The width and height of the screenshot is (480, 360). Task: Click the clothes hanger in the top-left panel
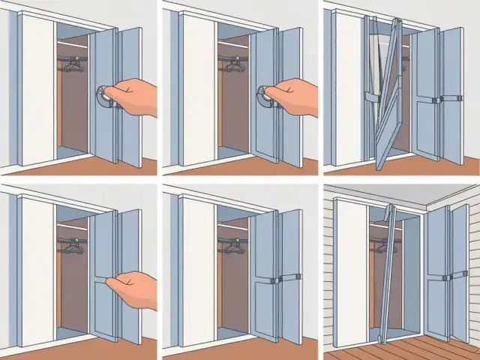tap(72, 65)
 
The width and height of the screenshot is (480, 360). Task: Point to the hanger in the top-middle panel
tap(233, 65)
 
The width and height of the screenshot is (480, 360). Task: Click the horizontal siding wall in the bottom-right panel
tap(328, 270)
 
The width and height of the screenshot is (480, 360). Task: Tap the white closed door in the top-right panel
tap(349, 90)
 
